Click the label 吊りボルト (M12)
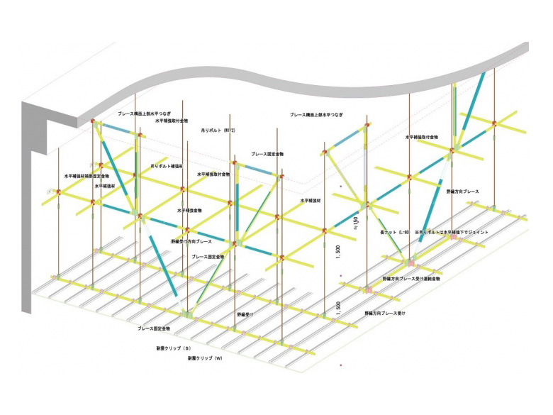click(x=218, y=131)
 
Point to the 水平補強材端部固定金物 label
click(x=87, y=174)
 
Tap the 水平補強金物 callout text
click(x=189, y=210)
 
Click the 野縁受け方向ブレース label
click(x=191, y=241)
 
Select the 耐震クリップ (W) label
click(x=206, y=359)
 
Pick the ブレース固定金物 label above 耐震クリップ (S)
click(x=154, y=329)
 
